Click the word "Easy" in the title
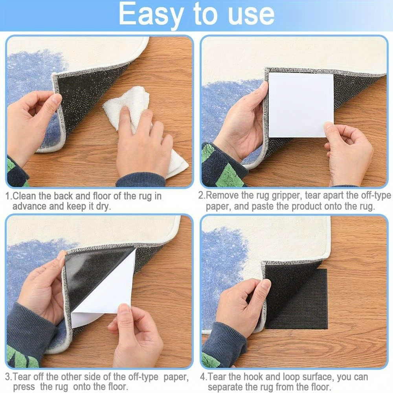(x=151, y=15)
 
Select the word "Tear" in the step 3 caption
(x=22, y=377)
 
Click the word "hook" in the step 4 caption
(x=259, y=377)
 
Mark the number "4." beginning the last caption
(x=204, y=377)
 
